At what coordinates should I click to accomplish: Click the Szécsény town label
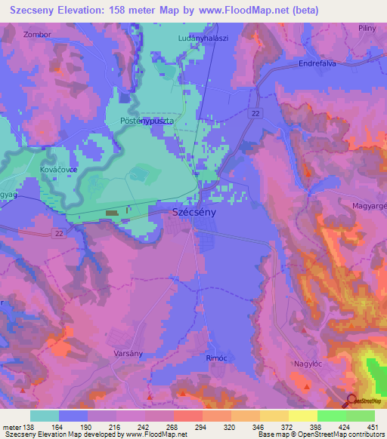pyautogui.click(x=195, y=213)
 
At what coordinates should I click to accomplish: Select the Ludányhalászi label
pyautogui.click(x=203, y=38)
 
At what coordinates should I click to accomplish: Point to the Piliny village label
pyautogui.click(x=367, y=28)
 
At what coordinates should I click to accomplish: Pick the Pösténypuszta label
pyautogui.click(x=147, y=121)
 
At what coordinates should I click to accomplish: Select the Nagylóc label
pyautogui.click(x=307, y=364)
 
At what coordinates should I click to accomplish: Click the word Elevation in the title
pyautogui.click(x=82, y=11)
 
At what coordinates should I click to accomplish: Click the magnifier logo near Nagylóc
pyautogui.click(x=351, y=401)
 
